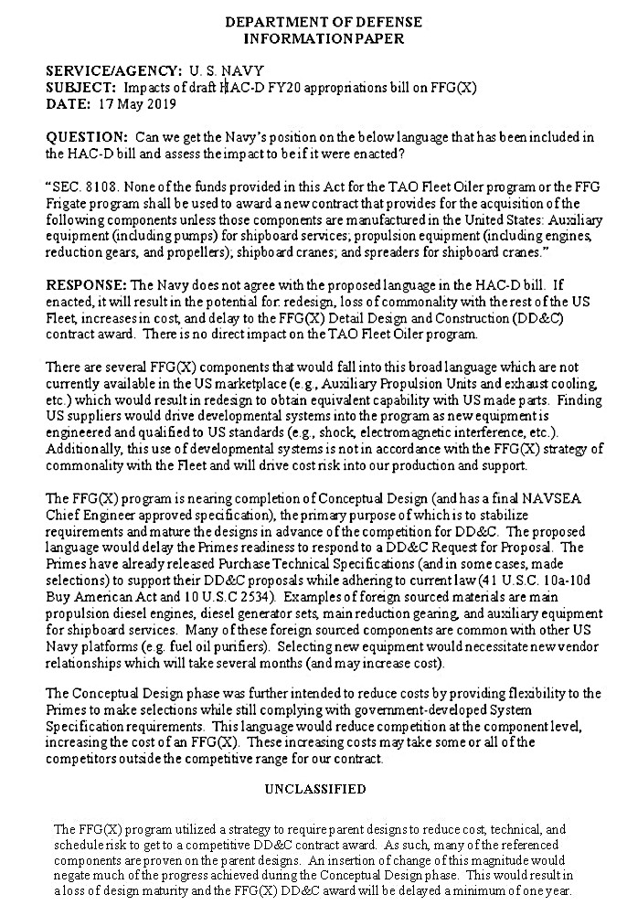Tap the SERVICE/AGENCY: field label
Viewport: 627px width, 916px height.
[114, 71]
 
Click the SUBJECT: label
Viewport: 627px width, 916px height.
[80, 87]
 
